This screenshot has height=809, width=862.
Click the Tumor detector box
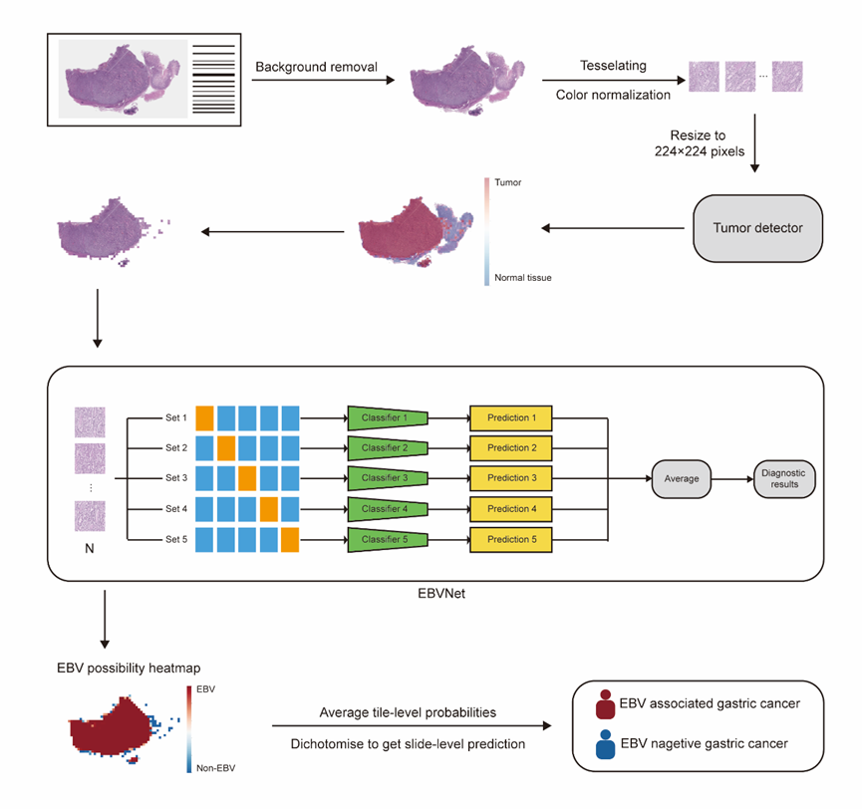pyautogui.click(x=757, y=228)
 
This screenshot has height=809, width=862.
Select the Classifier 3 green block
pyautogui.click(x=388, y=478)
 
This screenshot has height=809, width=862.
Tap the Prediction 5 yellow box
pyautogui.click(x=510, y=540)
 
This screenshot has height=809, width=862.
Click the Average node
pyautogui.click(x=682, y=478)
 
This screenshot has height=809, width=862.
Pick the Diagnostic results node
pyautogui.click(x=784, y=478)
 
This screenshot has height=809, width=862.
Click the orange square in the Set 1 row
pyautogui.click(x=204, y=417)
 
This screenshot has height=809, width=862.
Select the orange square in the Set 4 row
pyautogui.click(x=269, y=509)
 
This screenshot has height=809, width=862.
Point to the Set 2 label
pyautogui.click(x=176, y=448)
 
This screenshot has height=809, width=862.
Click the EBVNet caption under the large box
pyautogui.click(x=441, y=594)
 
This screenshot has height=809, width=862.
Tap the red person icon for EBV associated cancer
pyautogui.click(x=605, y=704)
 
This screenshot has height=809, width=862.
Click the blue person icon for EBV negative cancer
pyautogui.click(x=605, y=744)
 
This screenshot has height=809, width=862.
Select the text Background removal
pyautogui.click(x=316, y=67)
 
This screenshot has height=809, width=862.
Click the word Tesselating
pyautogui.click(x=613, y=66)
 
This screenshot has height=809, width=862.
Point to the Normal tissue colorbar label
pyautogui.click(x=523, y=278)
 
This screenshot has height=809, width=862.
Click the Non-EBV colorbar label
pyautogui.click(x=215, y=768)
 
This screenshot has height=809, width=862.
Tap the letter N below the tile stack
pyautogui.click(x=90, y=549)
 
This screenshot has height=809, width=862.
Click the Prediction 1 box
pyautogui.click(x=510, y=418)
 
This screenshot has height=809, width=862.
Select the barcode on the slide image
pyautogui.click(x=213, y=79)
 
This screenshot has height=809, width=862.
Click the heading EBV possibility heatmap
pyautogui.click(x=129, y=669)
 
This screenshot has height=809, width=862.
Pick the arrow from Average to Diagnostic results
pyautogui.click(x=732, y=479)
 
